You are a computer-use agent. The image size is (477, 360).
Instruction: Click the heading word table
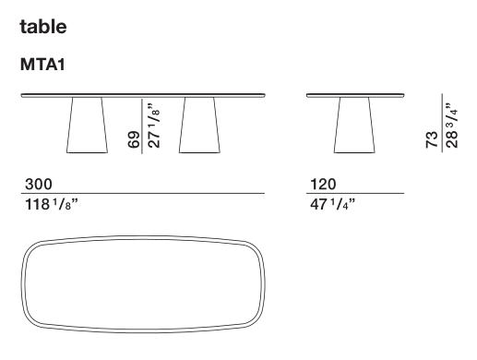coord(43,27)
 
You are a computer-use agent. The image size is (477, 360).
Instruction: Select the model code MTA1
coord(42,65)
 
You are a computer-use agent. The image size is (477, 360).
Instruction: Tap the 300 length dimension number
coord(39,184)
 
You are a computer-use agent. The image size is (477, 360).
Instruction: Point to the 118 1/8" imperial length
coord(52,204)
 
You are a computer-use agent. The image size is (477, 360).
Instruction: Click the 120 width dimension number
coord(323,184)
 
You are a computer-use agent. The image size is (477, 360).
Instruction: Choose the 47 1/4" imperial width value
coord(332,204)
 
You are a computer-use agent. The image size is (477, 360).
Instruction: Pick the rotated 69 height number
coord(134,139)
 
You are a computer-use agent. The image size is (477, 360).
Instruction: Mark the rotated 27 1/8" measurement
coord(154,126)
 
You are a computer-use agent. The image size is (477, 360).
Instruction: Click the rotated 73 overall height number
coord(432,139)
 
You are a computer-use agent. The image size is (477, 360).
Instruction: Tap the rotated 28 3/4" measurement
coord(451,126)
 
